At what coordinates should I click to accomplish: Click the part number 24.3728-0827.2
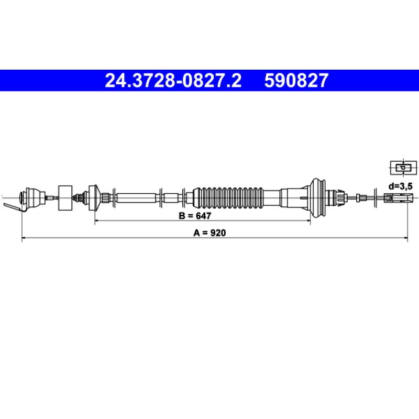(x=173, y=81)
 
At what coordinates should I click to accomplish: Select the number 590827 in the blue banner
(x=296, y=81)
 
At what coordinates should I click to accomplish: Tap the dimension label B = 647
(x=195, y=216)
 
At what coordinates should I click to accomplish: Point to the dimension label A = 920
(x=210, y=233)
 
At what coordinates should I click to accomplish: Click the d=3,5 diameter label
(x=400, y=186)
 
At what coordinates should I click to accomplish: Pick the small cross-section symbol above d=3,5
(x=403, y=168)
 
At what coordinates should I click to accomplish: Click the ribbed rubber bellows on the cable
(x=228, y=198)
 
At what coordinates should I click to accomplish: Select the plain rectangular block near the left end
(x=65, y=198)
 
